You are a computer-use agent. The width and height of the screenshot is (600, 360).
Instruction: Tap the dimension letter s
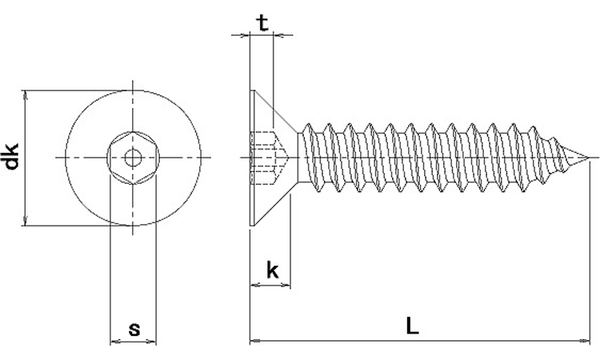134,328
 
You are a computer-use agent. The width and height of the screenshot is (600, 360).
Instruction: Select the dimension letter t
262,22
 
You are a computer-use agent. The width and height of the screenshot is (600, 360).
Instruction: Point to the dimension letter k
272,270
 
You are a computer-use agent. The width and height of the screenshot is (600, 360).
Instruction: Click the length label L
411,326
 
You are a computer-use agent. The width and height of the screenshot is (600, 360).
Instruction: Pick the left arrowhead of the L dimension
255,341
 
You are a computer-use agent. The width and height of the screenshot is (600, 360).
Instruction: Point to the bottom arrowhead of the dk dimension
27,222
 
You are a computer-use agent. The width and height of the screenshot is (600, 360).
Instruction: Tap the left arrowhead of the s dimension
114,341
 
